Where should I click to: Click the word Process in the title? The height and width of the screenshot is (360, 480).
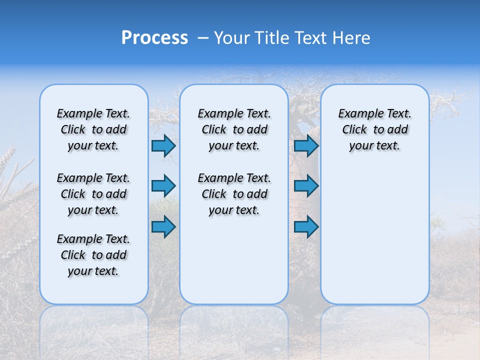click(x=154, y=37)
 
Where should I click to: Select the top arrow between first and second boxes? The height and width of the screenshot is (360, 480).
click(x=163, y=145)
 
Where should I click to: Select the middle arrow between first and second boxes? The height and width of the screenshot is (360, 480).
click(x=163, y=186)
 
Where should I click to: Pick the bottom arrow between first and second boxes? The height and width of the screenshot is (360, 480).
click(x=163, y=226)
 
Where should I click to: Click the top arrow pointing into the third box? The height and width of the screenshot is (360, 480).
click(x=306, y=145)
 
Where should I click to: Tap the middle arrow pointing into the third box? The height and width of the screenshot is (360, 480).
click(x=306, y=186)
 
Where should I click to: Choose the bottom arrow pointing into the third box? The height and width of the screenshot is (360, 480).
click(x=306, y=226)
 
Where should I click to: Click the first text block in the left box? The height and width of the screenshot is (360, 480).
click(x=93, y=129)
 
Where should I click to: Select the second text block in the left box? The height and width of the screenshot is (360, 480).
click(x=93, y=194)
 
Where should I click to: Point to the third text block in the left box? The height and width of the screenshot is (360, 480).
click(x=93, y=255)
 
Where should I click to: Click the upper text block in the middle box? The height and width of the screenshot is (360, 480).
click(x=234, y=129)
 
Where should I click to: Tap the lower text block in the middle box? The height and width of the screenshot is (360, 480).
click(x=234, y=194)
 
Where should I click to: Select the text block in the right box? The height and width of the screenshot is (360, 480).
click(x=374, y=129)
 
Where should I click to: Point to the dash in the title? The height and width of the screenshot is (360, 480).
click(x=203, y=38)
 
